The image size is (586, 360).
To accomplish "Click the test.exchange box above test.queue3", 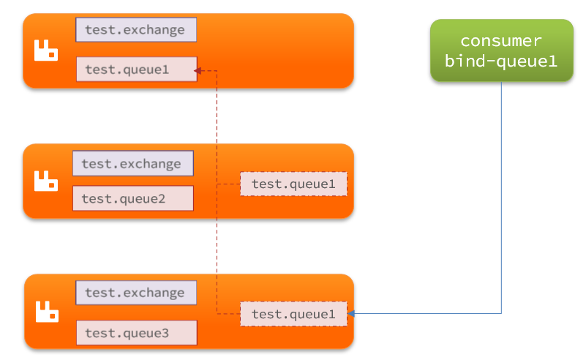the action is pos(136,293).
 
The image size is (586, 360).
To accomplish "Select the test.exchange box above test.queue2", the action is pos(133,163).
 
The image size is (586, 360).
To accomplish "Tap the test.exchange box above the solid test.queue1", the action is pos(136,29).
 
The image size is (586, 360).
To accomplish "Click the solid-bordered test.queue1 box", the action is pos(136,70).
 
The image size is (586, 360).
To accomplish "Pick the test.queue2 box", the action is pos(133,198).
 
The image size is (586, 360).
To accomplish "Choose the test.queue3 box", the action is pos(136,333).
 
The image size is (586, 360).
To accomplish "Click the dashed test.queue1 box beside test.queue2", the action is pos(293,184).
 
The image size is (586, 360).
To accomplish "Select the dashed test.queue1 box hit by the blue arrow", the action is pos(293,314).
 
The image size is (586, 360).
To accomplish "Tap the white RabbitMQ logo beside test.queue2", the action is pos(46,181).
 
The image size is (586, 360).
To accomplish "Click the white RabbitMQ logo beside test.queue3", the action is pos(47,312).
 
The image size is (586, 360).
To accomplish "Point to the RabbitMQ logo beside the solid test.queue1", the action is pos(46,50).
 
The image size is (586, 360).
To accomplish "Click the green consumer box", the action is pos(502,50).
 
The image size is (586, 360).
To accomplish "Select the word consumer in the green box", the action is pos(501,41).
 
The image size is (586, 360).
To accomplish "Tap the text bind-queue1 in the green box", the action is pos(501,61).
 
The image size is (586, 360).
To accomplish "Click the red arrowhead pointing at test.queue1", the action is pos(198,71).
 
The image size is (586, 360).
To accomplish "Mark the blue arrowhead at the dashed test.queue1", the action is pos(351,313).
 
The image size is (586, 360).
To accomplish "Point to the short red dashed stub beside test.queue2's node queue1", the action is pos(228,184).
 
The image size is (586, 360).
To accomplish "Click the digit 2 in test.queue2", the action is pos(161,198).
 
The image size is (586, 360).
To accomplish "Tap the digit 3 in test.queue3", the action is pos(165,333).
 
